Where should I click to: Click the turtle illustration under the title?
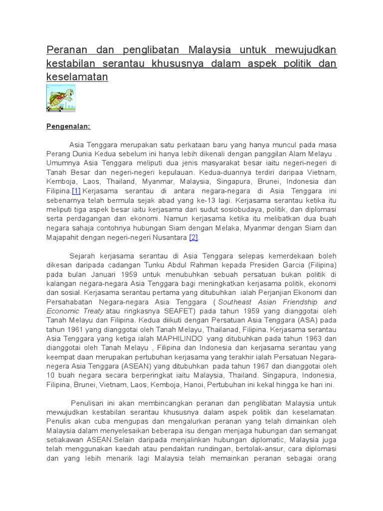pyautogui.click(x=60, y=98)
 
